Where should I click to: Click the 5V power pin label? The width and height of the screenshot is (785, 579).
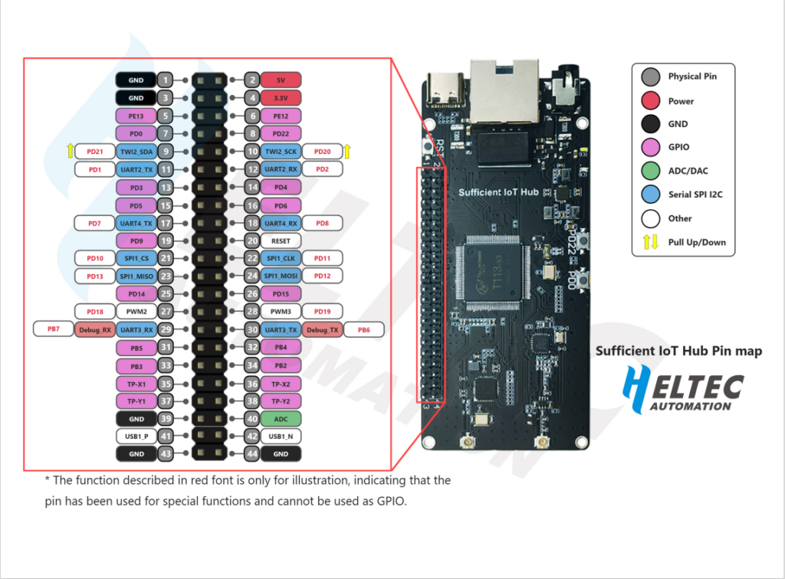coord(281,80)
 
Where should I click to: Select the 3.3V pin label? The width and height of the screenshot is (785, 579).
coord(281,98)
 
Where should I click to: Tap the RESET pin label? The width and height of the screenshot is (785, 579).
coord(281,240)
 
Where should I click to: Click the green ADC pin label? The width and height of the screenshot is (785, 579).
coord(281,419)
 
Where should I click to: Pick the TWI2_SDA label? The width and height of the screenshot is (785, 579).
coord(136,152)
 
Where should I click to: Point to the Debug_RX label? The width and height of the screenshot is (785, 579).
coord(95,329)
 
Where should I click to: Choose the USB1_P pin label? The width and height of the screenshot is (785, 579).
coord(136,437)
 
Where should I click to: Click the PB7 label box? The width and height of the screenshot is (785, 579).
coord(53,329)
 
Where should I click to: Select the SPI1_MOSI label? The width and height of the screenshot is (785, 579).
coord(281,276)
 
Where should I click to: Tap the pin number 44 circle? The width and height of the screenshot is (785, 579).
coord(251,454)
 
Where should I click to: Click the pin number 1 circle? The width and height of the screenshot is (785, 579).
coord(166,80)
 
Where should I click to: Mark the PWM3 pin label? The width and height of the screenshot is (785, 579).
coord(281,312)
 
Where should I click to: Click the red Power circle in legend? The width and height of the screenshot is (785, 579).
coord(651,100)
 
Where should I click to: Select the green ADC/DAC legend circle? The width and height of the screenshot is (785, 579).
coord(651,171)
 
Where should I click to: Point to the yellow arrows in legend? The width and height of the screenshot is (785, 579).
coord(651,242)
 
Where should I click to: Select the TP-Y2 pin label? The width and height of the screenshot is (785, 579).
coord(281,401)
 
